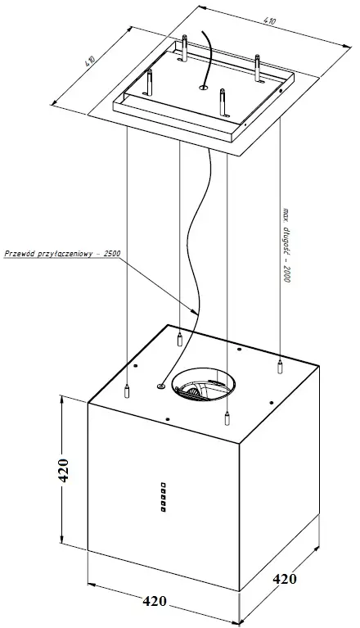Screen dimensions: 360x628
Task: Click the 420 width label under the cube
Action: click(x=155, y=601)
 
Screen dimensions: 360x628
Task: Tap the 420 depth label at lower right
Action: click(x=285, y=579)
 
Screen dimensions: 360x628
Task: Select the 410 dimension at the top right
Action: click(x=270, y=21)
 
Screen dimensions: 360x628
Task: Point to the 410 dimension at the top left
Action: click(x=89, y=61)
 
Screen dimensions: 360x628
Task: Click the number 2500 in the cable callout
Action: click(x=111, y=253)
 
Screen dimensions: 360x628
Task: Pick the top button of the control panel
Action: click(x=163, y=485)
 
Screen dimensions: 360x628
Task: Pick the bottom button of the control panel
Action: click(x=163, y=509)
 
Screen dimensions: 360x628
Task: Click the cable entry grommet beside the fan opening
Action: click(x=161, y=386)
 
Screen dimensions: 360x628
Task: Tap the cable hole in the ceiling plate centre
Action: click(x=203, y=86)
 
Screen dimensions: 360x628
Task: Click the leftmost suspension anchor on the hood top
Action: click(x=127, y=391)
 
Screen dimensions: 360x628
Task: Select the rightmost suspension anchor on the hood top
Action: click(x=280, y=367)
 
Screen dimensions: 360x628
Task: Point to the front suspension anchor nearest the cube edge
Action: click(x=227, y=418)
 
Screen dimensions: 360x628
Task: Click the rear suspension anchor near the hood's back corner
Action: click(x=180, y=339)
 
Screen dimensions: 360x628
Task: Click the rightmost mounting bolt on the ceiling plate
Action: click(x=257, y=68)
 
